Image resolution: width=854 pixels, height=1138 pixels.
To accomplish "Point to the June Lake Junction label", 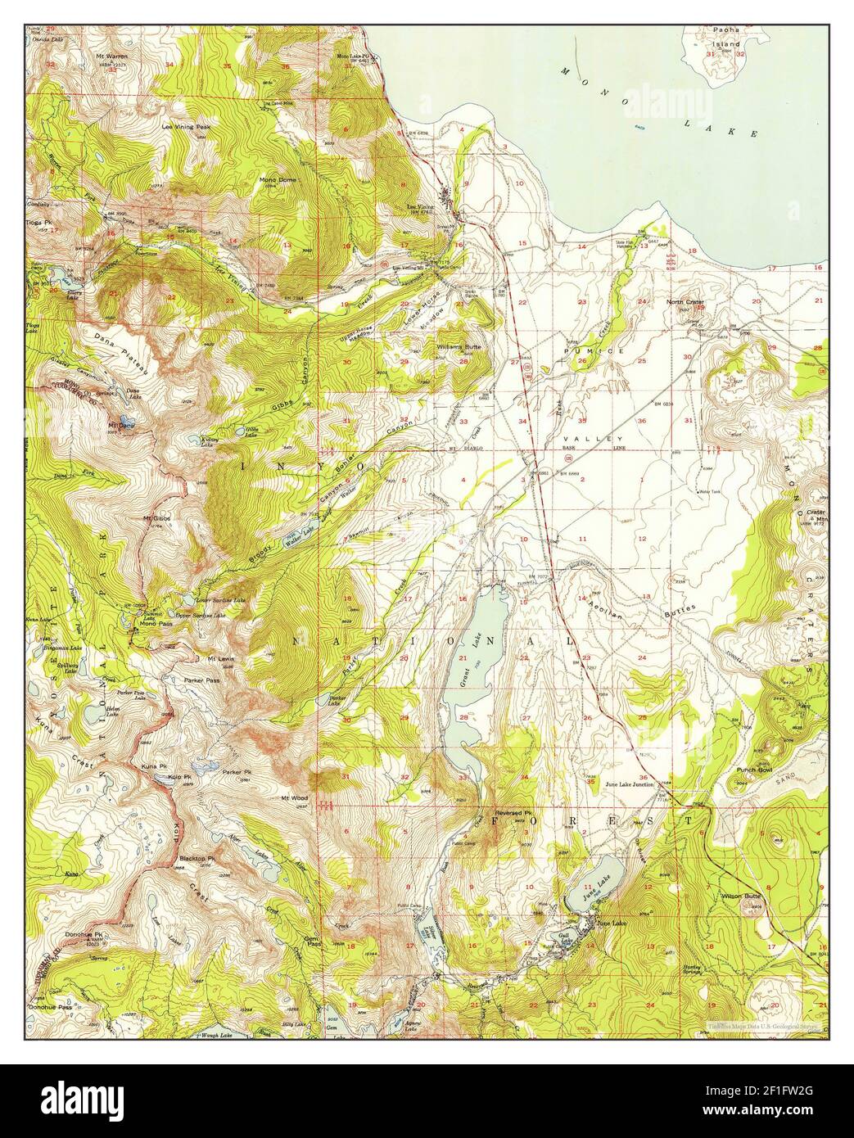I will (x=630, y=784).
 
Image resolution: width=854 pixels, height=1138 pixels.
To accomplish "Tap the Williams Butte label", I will (x=459, y=346).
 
